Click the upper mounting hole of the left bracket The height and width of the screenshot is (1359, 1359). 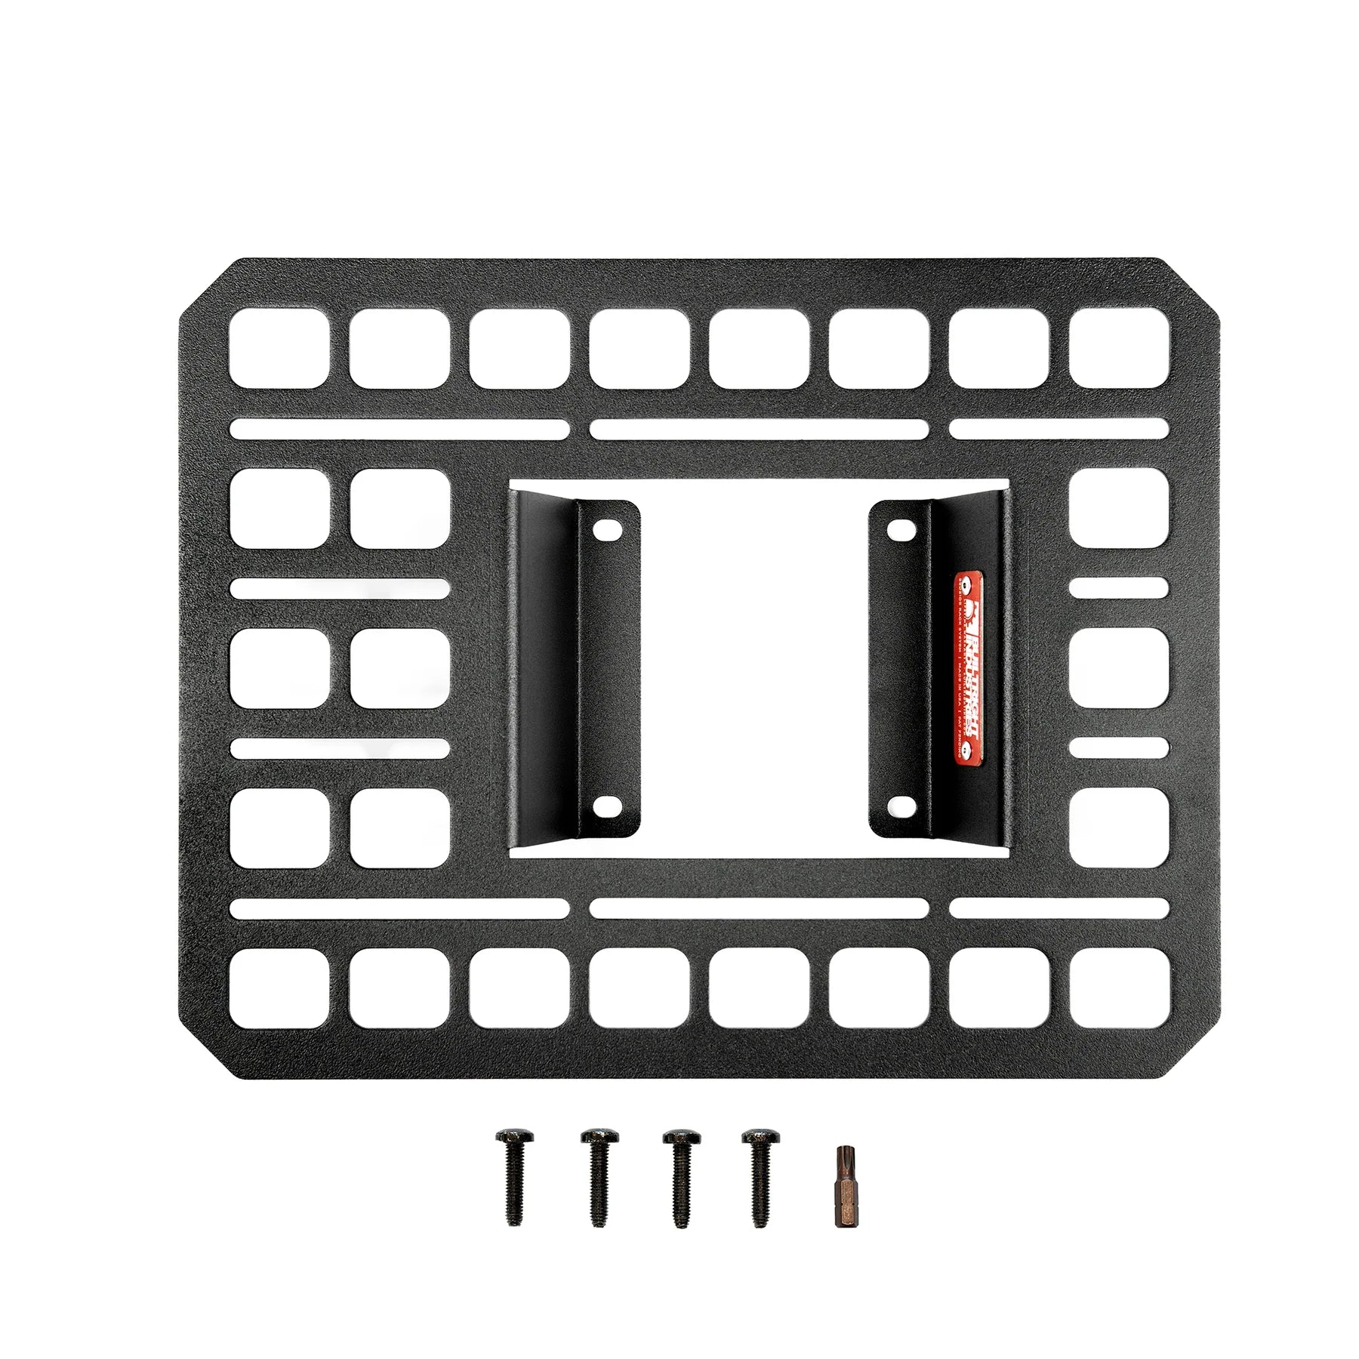point(603,529)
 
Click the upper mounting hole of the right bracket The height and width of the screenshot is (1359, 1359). point(898,529)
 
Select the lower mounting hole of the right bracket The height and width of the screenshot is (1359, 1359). point(898,807)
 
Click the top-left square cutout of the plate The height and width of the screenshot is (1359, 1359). point(279,348)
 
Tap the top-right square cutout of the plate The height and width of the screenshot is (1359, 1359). point(1119,348)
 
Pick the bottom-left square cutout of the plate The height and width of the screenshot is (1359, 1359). point(279,988)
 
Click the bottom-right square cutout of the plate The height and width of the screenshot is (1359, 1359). point(1119,988)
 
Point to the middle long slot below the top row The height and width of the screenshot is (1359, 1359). point(758,430)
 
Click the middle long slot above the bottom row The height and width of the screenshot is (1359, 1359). point(758,908)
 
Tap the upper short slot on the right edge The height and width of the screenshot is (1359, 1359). point(1119,588)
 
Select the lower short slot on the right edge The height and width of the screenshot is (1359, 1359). point(1119,748)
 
